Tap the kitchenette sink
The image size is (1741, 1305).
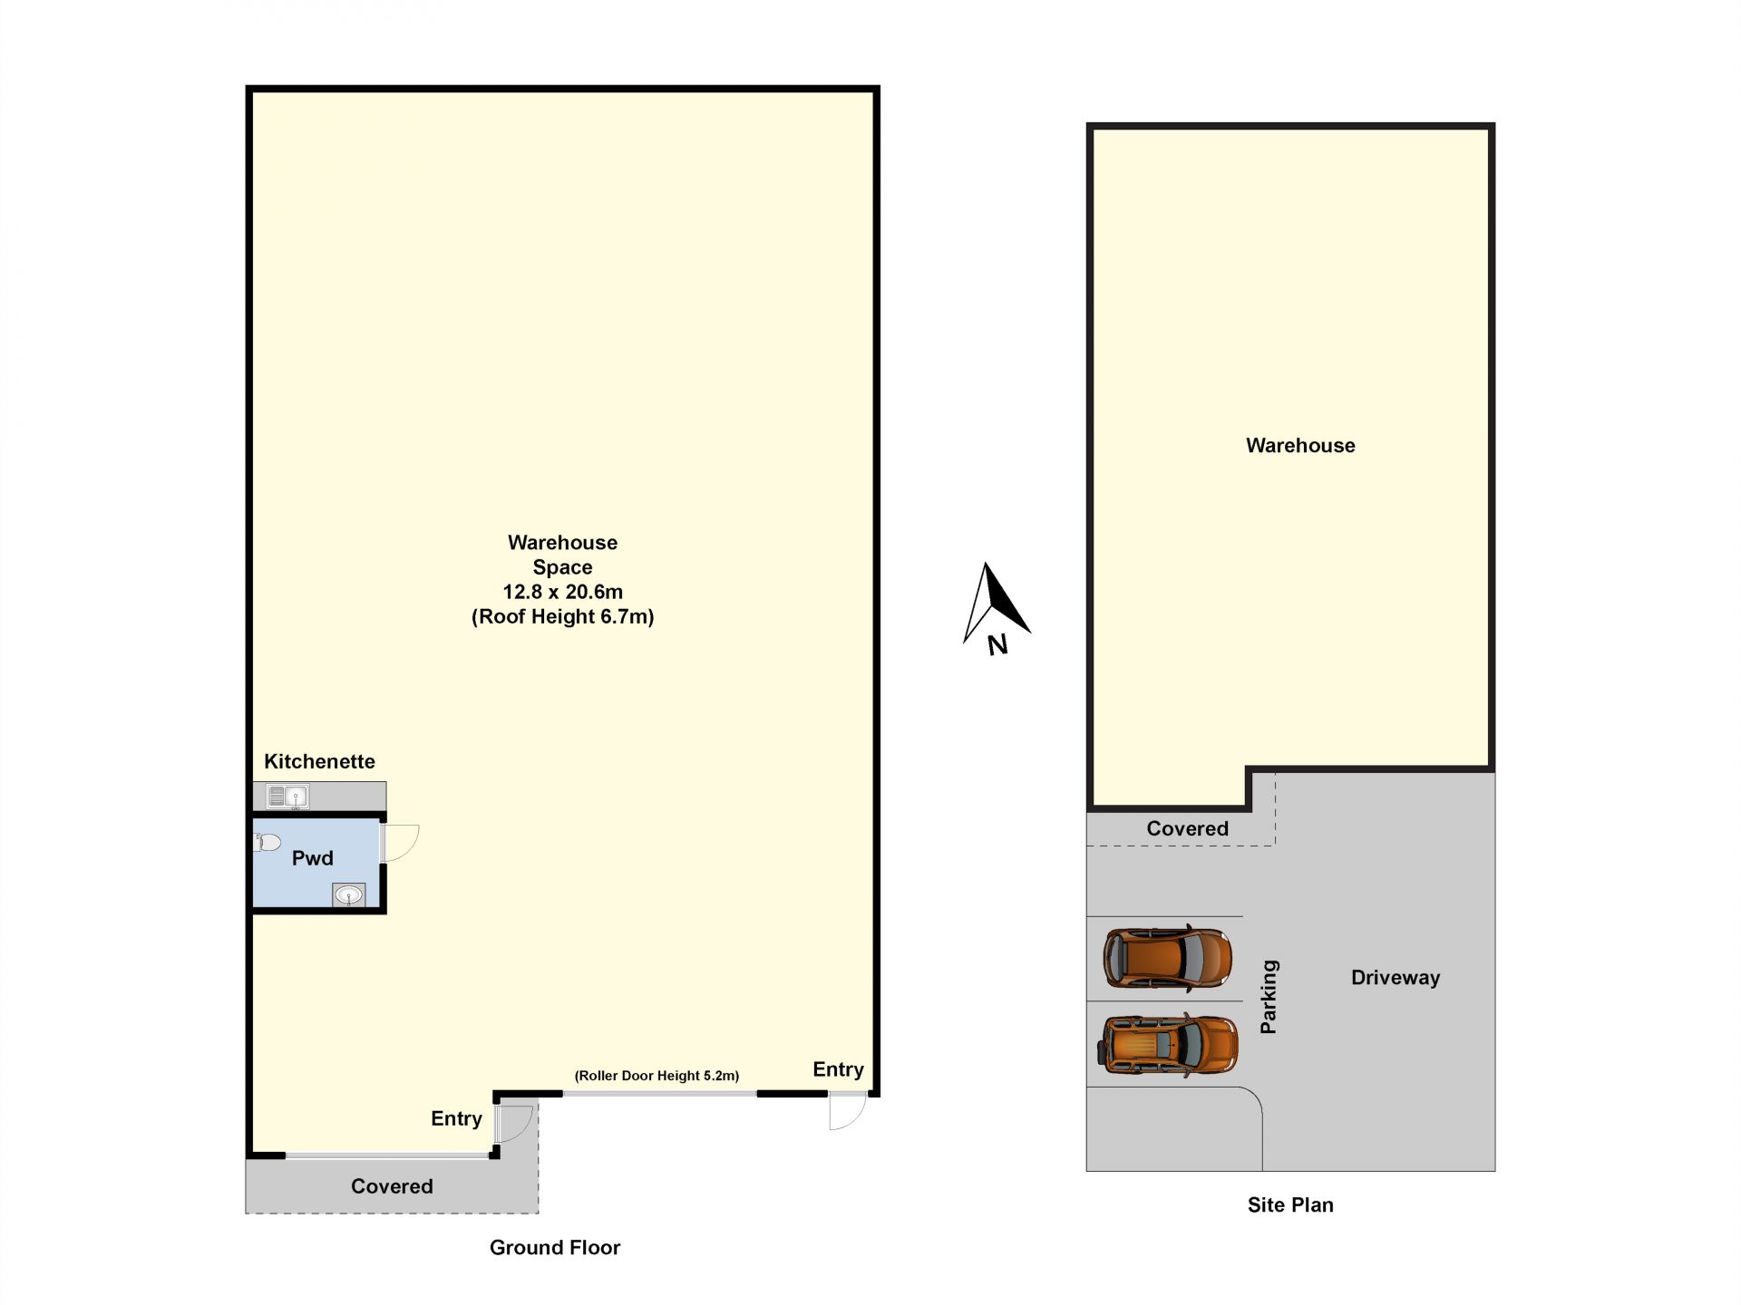coord(287,797)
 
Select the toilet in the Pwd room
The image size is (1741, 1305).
coord(267,843)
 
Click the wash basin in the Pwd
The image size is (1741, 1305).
coord(348,895)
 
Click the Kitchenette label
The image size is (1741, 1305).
coord(319,761)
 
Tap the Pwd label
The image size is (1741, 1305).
coord(313,858)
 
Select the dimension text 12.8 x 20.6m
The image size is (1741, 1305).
coord(563,592)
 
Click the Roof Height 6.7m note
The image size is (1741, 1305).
coord(563,616)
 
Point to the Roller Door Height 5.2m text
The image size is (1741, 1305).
coord(657,1076)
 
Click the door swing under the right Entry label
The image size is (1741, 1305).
coord(848,1112)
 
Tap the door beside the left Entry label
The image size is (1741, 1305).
coord(513,1123)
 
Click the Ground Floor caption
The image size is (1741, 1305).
coord(555,1248)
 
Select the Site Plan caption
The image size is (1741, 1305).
coord(1290,1205)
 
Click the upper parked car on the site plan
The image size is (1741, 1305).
coord(1168,957)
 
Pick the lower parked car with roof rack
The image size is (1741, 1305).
coord(1168,1045)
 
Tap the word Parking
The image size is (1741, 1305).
coord(1269,997)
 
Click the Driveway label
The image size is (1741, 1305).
coord(1396,978)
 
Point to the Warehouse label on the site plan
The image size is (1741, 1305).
coord(1300,446)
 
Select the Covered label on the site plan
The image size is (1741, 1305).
coord(1188,828)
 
